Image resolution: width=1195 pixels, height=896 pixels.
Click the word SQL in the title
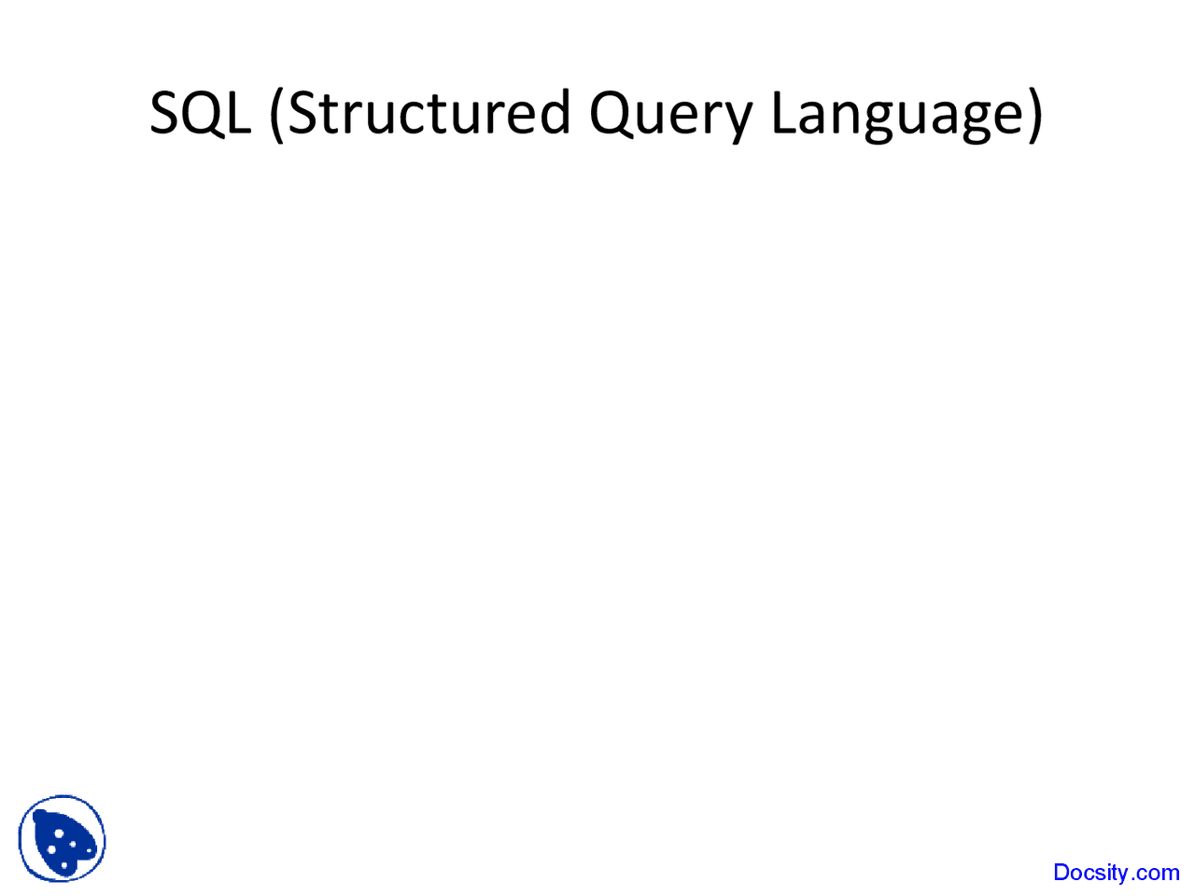[x=201, y=113]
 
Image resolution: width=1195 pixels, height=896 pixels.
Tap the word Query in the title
[x=670, y=116]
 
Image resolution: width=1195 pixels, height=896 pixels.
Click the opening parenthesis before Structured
[x=276, y=115]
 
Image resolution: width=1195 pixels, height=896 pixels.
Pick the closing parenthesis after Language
[x=1035, y=115]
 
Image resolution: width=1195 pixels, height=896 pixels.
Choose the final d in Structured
[x=555, y=111]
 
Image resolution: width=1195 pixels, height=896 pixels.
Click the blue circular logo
[x=62, y=838]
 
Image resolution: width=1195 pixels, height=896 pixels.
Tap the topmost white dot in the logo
[x=59, y=833]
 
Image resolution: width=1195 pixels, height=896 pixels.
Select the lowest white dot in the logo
[x=64, y=865]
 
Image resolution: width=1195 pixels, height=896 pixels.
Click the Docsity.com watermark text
[x=1116, y=873]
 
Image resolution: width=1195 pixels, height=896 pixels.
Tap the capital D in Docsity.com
[x=1061, y=873]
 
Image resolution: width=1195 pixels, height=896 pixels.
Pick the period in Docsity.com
[x=1131, y=880]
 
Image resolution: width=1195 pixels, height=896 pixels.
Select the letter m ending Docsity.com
[x=1168, y=875]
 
